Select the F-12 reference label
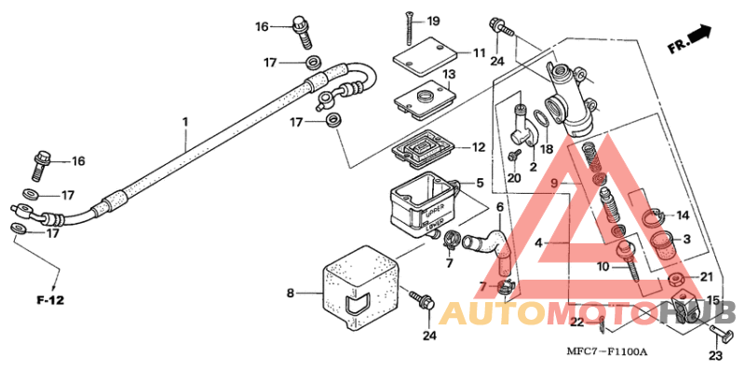click(x=48, y=299)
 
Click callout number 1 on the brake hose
click(x=185, y=122)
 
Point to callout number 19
click(x=459, y=21)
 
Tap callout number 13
click(x=448, y=75)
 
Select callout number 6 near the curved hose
click(x=499, y=207)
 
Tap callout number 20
click(x=514, y=177)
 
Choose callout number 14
click(x=683, y=214)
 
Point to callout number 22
click(x=577, y=323)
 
